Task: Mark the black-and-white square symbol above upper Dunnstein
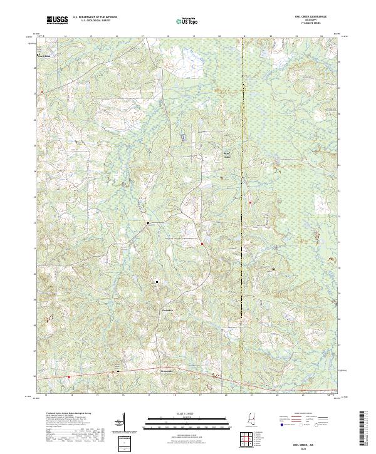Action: click(x=157, y=282)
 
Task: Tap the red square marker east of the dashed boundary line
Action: click(x=250, y=202)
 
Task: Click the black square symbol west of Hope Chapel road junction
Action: click(x=148, y=222)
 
